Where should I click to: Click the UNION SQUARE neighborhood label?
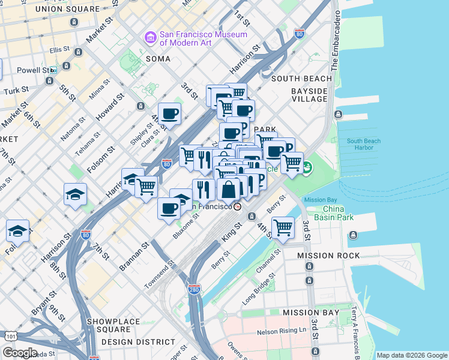[x=68, y=9]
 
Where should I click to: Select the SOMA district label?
[x=158, y=59]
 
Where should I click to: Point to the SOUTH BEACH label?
[x=301, y=79]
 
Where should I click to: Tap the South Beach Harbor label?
[x=363, y=145]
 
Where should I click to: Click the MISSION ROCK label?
[x=328, y=256]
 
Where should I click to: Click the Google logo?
[x=19, y=353]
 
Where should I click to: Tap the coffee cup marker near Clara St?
[x=169, y=113]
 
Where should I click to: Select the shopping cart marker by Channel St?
[x=283, y=227]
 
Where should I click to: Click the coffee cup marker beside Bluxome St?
[x=169, y=208]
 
